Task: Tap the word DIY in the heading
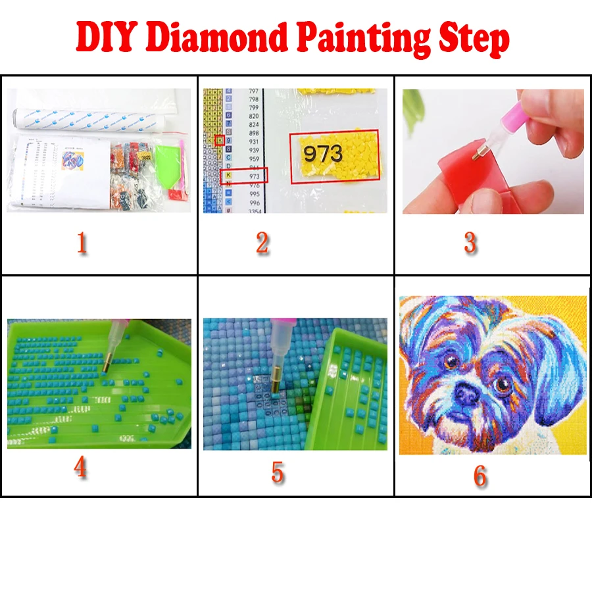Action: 103,38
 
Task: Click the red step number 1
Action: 82,243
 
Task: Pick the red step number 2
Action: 262,243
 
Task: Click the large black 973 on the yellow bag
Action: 323,154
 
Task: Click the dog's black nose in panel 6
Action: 468,393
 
